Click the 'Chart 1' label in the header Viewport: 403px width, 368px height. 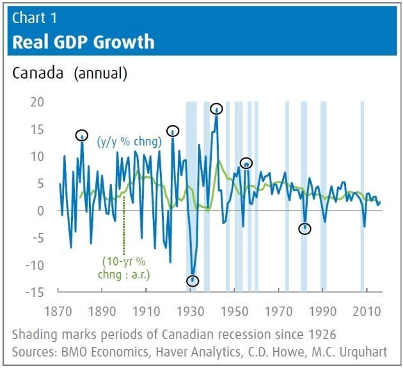[33, 18]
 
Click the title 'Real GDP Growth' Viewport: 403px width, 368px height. [83, 42]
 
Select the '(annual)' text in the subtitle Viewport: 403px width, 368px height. [100, 73]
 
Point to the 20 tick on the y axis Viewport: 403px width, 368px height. [36, 102]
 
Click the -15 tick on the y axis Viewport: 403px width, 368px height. [34, 292]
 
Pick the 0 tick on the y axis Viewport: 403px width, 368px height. [40, 211]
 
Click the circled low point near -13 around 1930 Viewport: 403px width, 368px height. [193, 280]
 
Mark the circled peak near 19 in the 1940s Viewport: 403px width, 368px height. [217, 109]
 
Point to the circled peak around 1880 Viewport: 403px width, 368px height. [82, 135]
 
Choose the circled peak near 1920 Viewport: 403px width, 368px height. [172, 131]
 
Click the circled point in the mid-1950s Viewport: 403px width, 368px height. [246, 164]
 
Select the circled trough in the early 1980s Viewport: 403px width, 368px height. [305, 228]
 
